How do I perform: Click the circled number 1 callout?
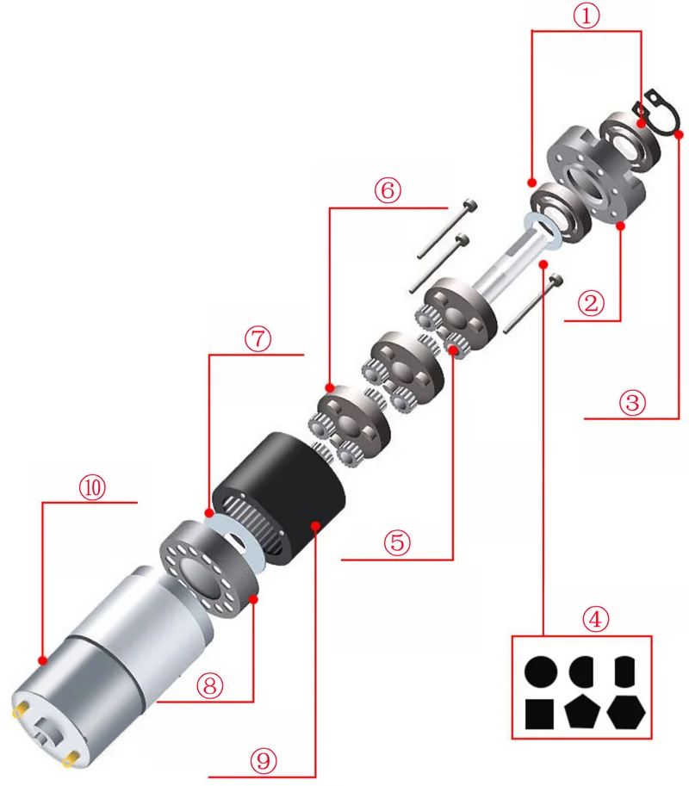pyautogui.click(x=587, y=15)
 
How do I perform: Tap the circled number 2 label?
pyautogui.click(x=591, y=303)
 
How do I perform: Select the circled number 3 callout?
pyautogui.click(x=632, y=402)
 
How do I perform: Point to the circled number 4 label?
pyautogui.click(x=595, y=620)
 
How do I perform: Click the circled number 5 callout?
pyautogui.click(x=397, y=542)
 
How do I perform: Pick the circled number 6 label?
pyautogui.click(x=388, y=190)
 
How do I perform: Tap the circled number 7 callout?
pyautogui.click(x=258, y=338)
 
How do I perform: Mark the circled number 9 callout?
pyautogui.click(x=264, y=761)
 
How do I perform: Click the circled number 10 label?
pyautogui.click(x=93, y=486)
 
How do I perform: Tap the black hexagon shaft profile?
pyautogui.click(x=626, y=712)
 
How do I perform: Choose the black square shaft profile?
pyautogui.click(x=539, y=715)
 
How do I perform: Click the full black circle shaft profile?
pyautogui.click(x=541, y=672)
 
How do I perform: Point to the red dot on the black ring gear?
pyautogui.click(x=315, y=525)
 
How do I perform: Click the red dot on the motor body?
pyautogui.click(x=42, y=660)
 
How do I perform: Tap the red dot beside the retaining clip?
pyautogui.click(x=679, y=134)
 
